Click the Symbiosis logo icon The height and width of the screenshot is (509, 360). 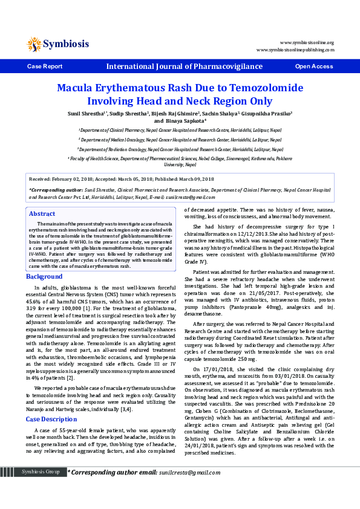coord(34,44)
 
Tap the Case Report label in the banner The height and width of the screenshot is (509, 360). coord(45,66)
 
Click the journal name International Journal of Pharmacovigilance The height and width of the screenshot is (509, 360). coord(185,66)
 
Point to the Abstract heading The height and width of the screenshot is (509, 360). coord(42,214)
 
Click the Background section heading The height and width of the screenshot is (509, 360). coord(44,276)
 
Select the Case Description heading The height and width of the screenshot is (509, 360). coord(51,384)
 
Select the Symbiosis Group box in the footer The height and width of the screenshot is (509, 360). coord(40,488)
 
